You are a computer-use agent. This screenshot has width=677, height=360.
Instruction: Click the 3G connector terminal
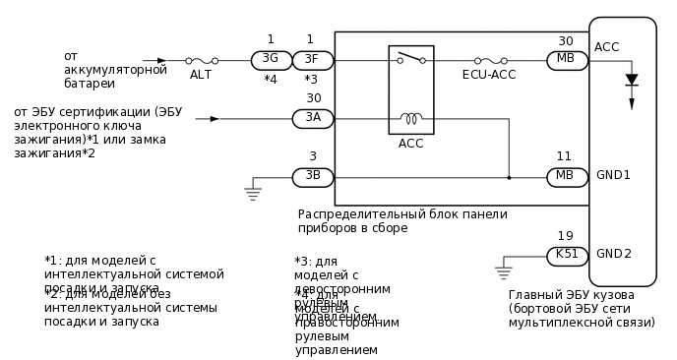tap(271, 60)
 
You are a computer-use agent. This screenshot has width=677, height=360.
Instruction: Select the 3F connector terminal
tap(311, 60)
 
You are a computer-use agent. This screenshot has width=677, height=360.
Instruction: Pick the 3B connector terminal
tap(313, 177)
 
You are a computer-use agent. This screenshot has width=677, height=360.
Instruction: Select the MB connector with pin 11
tap(567, 177)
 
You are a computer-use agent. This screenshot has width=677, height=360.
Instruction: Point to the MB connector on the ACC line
tap(567, 60)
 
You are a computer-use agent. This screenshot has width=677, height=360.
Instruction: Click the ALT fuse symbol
tap(201, 60)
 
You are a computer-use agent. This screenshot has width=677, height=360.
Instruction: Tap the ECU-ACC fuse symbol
tap(490, 60)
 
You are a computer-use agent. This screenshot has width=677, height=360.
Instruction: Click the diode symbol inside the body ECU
tap(632, 80)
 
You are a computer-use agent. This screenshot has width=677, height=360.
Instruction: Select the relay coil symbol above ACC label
tap(410, 119)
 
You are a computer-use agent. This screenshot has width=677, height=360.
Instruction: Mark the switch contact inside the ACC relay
tap(410, 59)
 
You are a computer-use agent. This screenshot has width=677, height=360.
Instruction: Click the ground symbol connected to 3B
tap(253, 193)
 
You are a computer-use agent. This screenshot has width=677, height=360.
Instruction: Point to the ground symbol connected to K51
tap(504, 271)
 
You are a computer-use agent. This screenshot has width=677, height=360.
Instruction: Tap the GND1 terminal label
tap(613, 175)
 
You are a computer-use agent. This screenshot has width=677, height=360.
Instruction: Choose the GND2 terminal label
tap(613, 254)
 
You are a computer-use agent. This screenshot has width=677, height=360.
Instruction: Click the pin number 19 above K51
tap(565, 236)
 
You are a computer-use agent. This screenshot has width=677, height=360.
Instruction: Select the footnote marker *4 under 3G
tap(271, 79)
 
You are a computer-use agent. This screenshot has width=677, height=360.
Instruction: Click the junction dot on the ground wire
tap(509, 178)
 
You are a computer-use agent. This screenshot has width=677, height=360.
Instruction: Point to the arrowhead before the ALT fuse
tap(162, 60)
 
